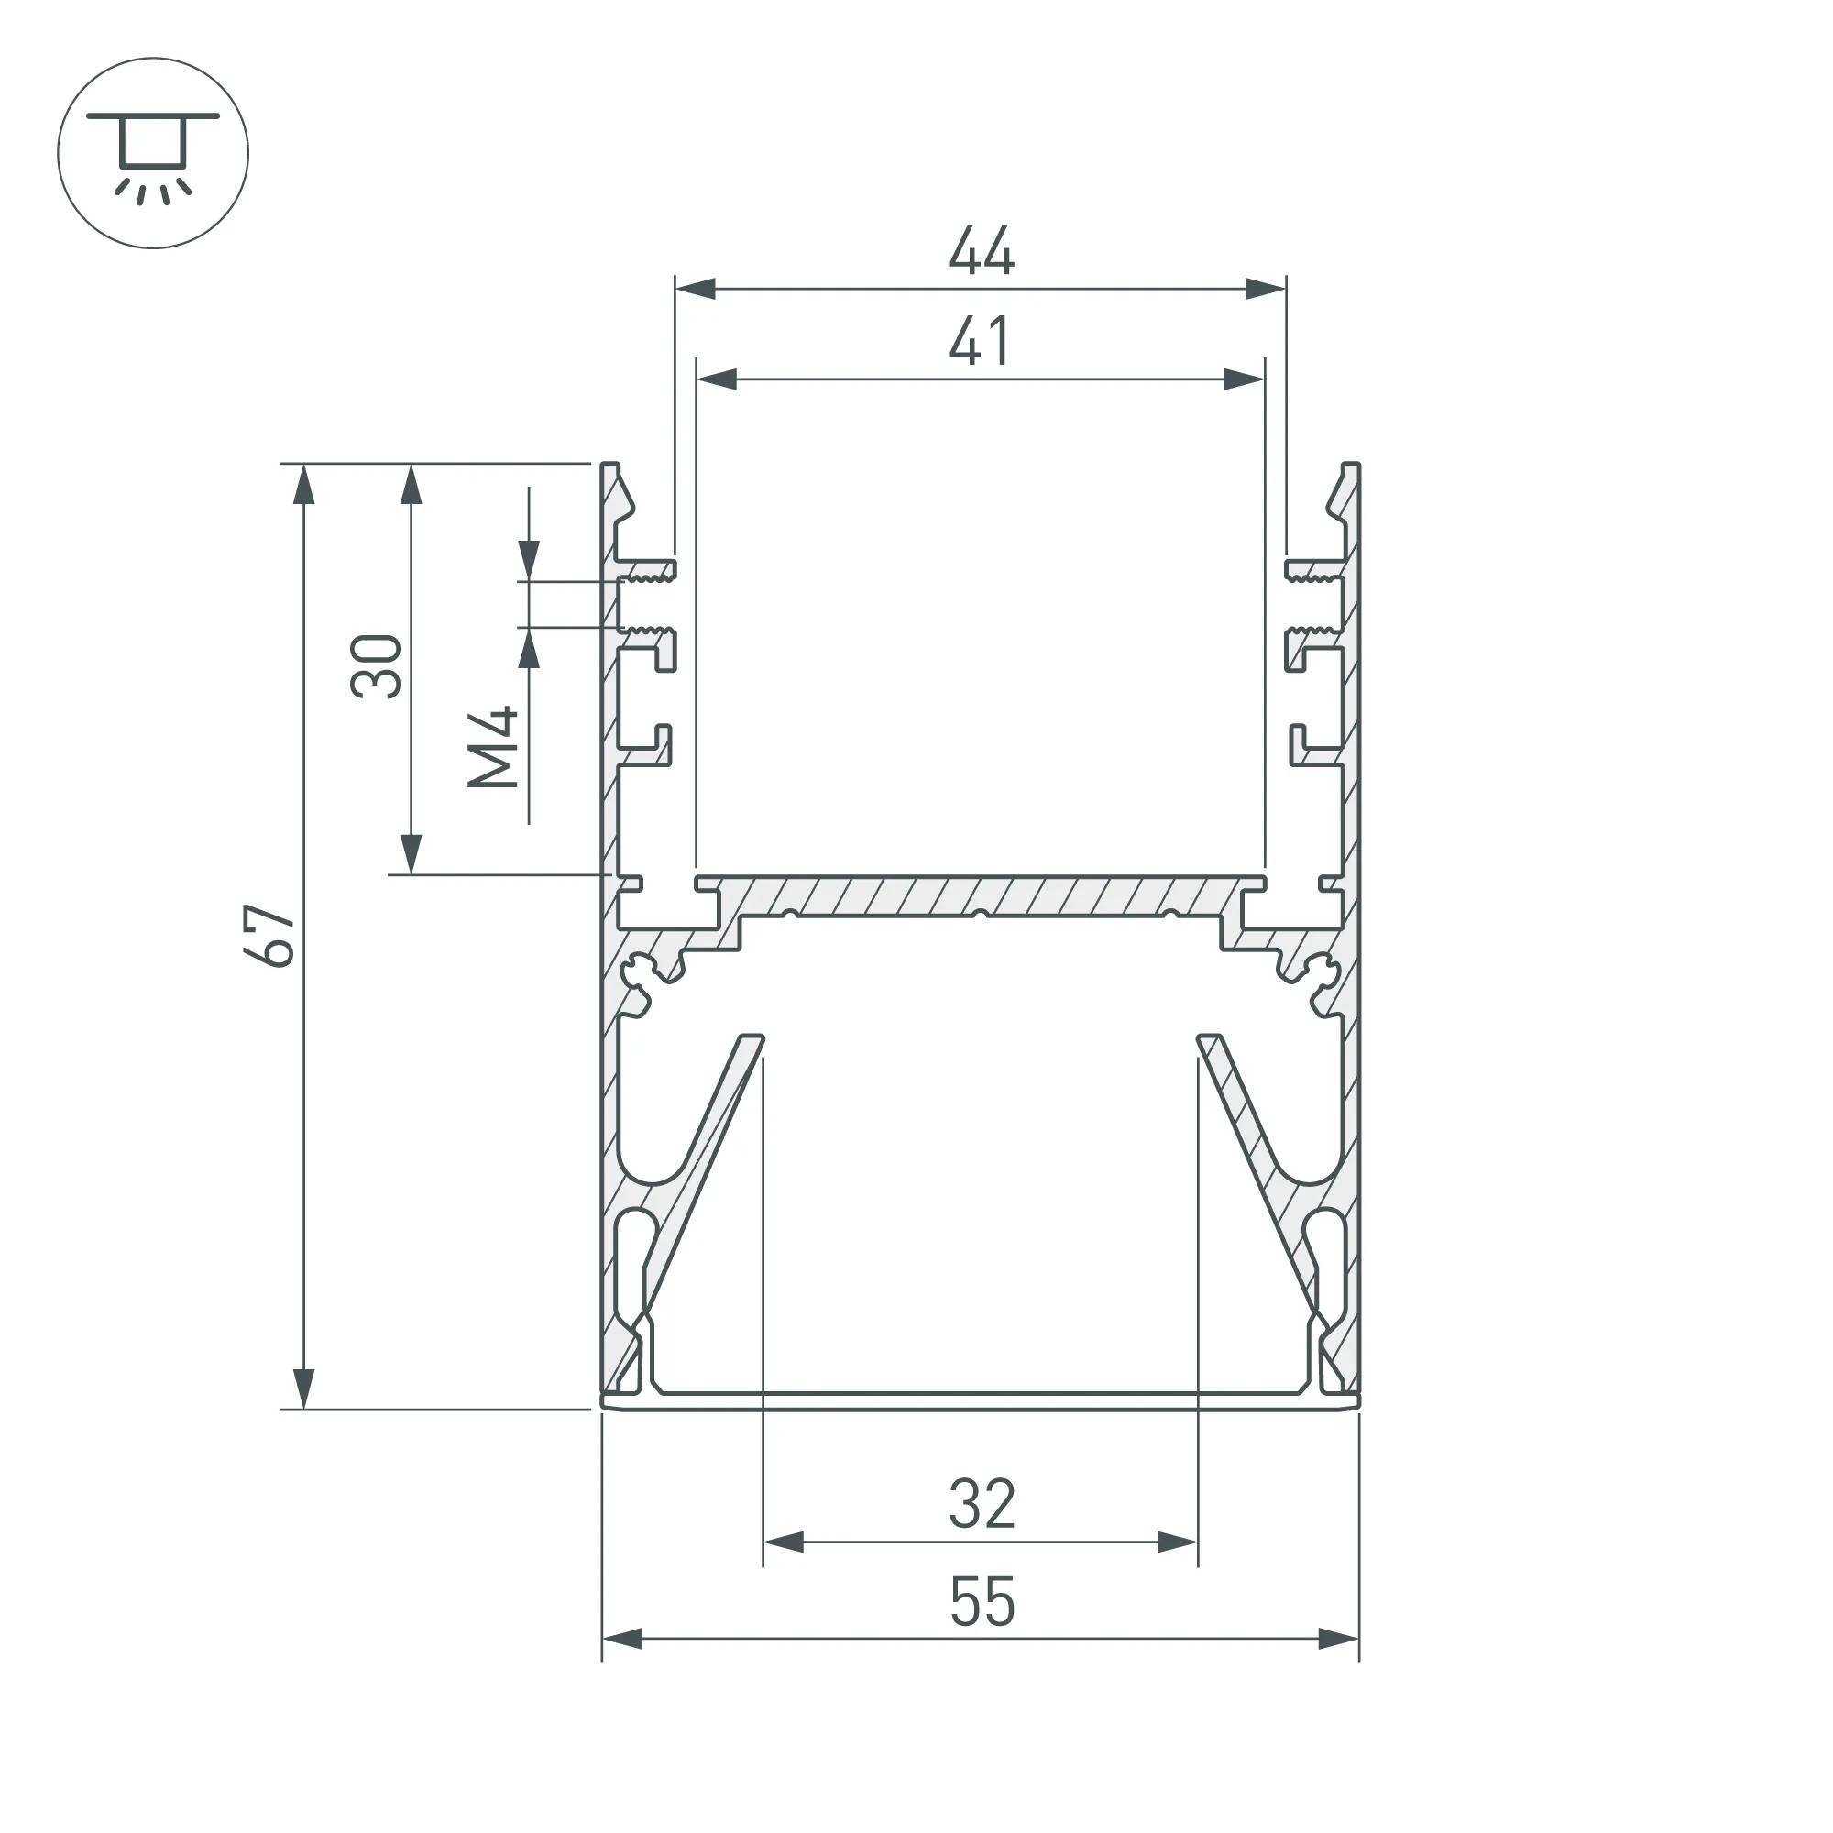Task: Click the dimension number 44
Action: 982,250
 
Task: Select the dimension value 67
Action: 270,936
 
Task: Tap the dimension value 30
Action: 377,667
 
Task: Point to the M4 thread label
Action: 493,748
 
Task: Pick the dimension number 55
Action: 982,1602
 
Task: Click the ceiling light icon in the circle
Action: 153,153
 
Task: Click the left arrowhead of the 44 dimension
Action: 695,289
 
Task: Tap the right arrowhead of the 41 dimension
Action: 1245,379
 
